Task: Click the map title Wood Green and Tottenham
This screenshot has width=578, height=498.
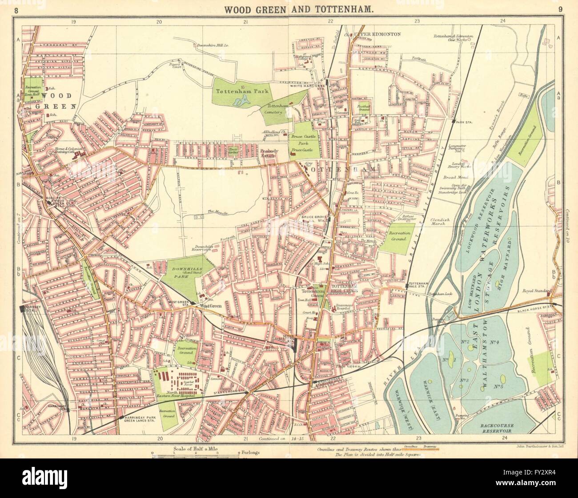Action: (x=289, y=8)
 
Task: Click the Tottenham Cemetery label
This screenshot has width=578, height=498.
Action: (x=281, y=110)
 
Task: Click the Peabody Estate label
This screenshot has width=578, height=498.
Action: (x=269, y=154)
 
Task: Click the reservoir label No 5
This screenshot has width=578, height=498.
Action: (x=498, y=386)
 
